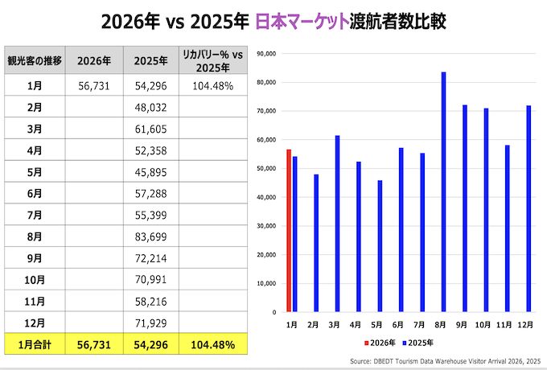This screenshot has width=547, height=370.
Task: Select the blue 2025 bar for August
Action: point(443,191)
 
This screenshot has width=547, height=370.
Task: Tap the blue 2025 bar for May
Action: point(380,245)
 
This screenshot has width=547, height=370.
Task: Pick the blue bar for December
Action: point(528,208)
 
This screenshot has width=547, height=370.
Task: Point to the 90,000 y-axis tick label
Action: point(265,54)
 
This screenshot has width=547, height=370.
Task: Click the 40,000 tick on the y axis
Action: point(265,197)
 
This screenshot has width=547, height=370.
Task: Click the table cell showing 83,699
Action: point(150,236)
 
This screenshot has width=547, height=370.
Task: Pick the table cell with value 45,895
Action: point(150,171)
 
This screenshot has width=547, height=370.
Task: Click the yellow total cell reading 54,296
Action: point(150,344)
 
